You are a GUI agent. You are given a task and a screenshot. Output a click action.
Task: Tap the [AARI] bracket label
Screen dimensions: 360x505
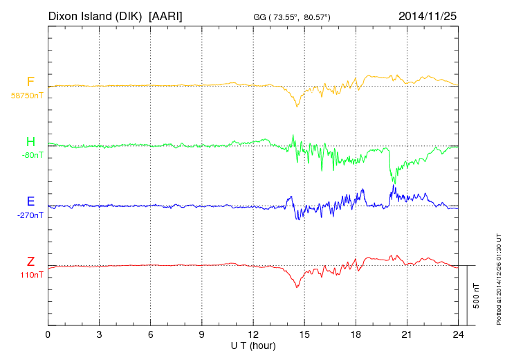(165, 16)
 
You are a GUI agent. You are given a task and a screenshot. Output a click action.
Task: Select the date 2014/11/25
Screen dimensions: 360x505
(428, 16)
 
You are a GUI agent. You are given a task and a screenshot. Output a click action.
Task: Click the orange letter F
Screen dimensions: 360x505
(30, 82)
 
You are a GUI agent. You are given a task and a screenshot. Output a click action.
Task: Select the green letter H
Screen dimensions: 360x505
(30, 143)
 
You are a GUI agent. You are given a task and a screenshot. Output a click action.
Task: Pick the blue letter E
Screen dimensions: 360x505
(30, 202)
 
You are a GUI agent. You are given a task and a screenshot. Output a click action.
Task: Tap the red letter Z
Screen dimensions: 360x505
(30, 262)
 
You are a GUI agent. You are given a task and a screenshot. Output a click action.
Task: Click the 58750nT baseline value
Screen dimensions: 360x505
(26, 96)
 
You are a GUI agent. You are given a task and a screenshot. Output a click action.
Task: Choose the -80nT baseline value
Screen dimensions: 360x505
(32, 156)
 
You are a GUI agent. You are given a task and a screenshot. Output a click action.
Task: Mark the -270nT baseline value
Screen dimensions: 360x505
(30, 215)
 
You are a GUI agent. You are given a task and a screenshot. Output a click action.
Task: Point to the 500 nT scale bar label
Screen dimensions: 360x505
(477, 295)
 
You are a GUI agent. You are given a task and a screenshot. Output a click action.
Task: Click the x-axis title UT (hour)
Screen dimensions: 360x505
(253, 345)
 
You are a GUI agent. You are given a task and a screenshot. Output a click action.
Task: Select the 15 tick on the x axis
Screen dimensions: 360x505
(304, 335)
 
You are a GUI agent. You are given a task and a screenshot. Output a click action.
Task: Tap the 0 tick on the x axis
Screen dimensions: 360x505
(48, 335)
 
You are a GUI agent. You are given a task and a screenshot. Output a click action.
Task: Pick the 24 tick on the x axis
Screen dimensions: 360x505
(458, 335)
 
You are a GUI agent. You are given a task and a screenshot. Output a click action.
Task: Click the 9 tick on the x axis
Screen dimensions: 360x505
(202, 335)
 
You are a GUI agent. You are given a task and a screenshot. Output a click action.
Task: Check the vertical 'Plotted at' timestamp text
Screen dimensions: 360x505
(498, 277)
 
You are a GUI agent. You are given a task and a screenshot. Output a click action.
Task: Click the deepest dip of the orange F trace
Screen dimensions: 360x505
(297, 106)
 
